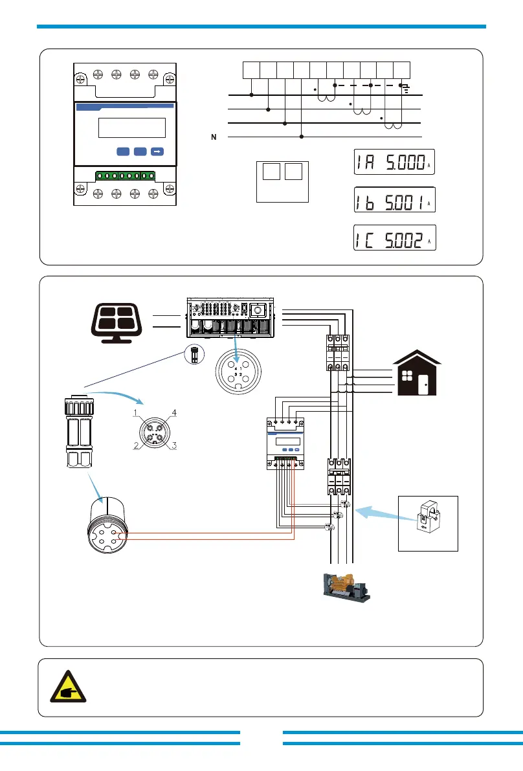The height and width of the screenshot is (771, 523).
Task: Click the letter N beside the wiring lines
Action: point(213,137)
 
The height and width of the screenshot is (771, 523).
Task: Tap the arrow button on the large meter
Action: point(157,151)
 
